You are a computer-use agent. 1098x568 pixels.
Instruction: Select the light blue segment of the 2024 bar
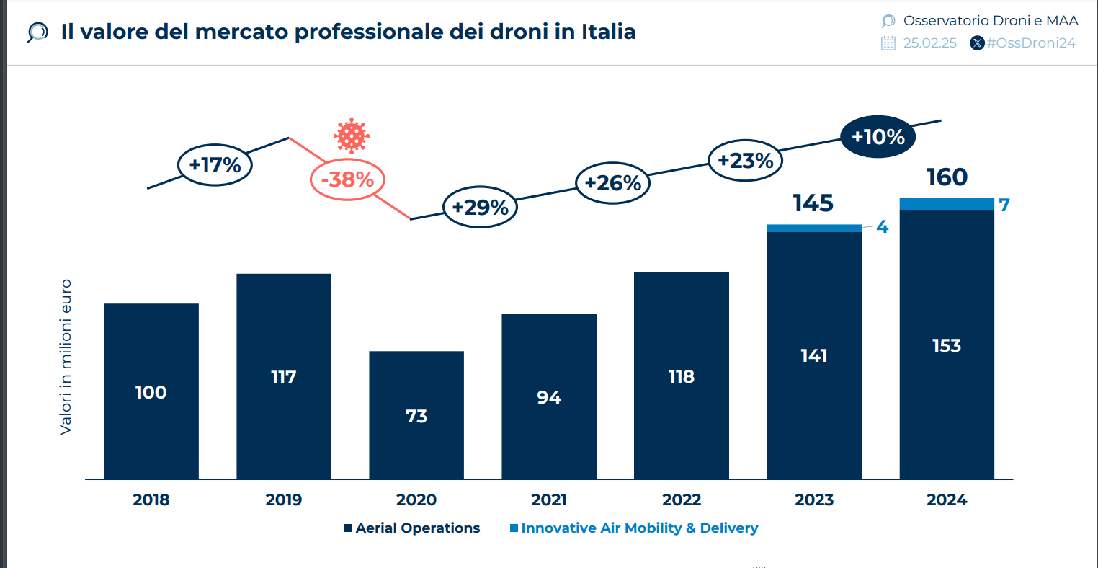coord(947,205)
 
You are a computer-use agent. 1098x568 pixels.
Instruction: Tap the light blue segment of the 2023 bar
coord(814,228)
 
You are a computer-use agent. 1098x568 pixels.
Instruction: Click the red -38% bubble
coord(347,179)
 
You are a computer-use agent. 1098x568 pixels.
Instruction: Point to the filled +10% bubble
coord(878,136)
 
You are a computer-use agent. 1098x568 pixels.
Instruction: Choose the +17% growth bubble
coord(215,165)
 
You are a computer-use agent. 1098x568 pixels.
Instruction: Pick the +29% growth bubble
coord(480,208)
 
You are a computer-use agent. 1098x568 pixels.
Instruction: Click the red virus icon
coord(352,136)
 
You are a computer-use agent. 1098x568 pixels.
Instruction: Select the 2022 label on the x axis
coord(682,500)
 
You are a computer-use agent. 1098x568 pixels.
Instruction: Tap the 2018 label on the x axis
coord(151,500)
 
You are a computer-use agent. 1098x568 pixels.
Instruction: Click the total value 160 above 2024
coord(947,177)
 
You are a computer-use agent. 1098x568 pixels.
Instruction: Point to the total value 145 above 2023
coord(813,203)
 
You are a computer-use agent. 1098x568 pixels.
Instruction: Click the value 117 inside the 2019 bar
coord(284,377)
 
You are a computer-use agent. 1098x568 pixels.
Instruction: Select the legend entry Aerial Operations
coord(412,528)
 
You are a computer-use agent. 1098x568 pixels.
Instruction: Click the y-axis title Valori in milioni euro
coord(66,357)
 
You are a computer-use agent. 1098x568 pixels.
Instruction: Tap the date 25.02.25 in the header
coord(929,43)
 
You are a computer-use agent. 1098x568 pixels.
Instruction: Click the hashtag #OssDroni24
coord(1030,43)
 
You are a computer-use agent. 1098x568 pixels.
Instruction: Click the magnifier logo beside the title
coord(37,32)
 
